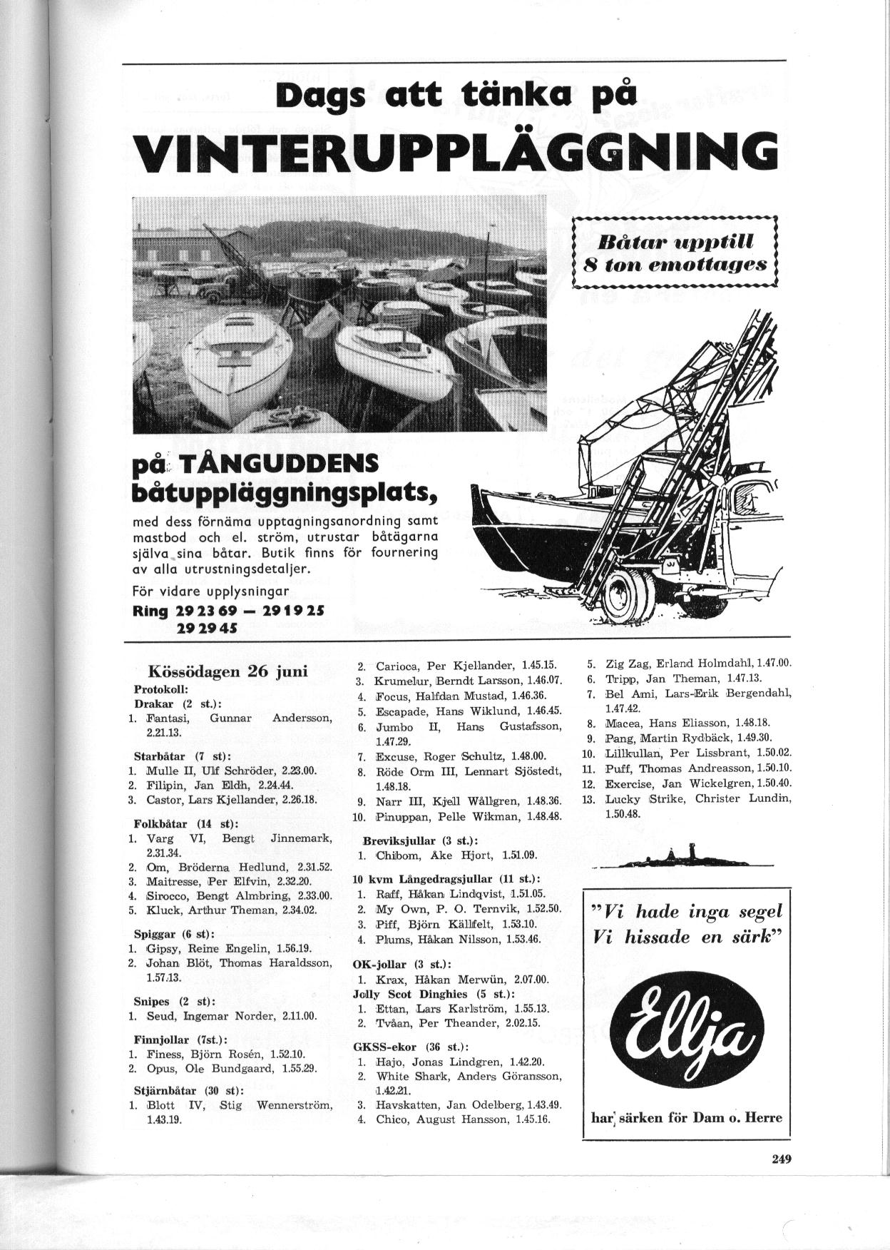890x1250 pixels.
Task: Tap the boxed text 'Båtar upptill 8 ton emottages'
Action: point(675,252)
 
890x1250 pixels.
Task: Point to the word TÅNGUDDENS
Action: point(277,466)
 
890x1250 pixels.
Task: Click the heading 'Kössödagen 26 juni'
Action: point(227,671)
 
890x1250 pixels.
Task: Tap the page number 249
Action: point(782,1159)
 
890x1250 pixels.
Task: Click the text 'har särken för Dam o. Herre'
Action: point(687,1117)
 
